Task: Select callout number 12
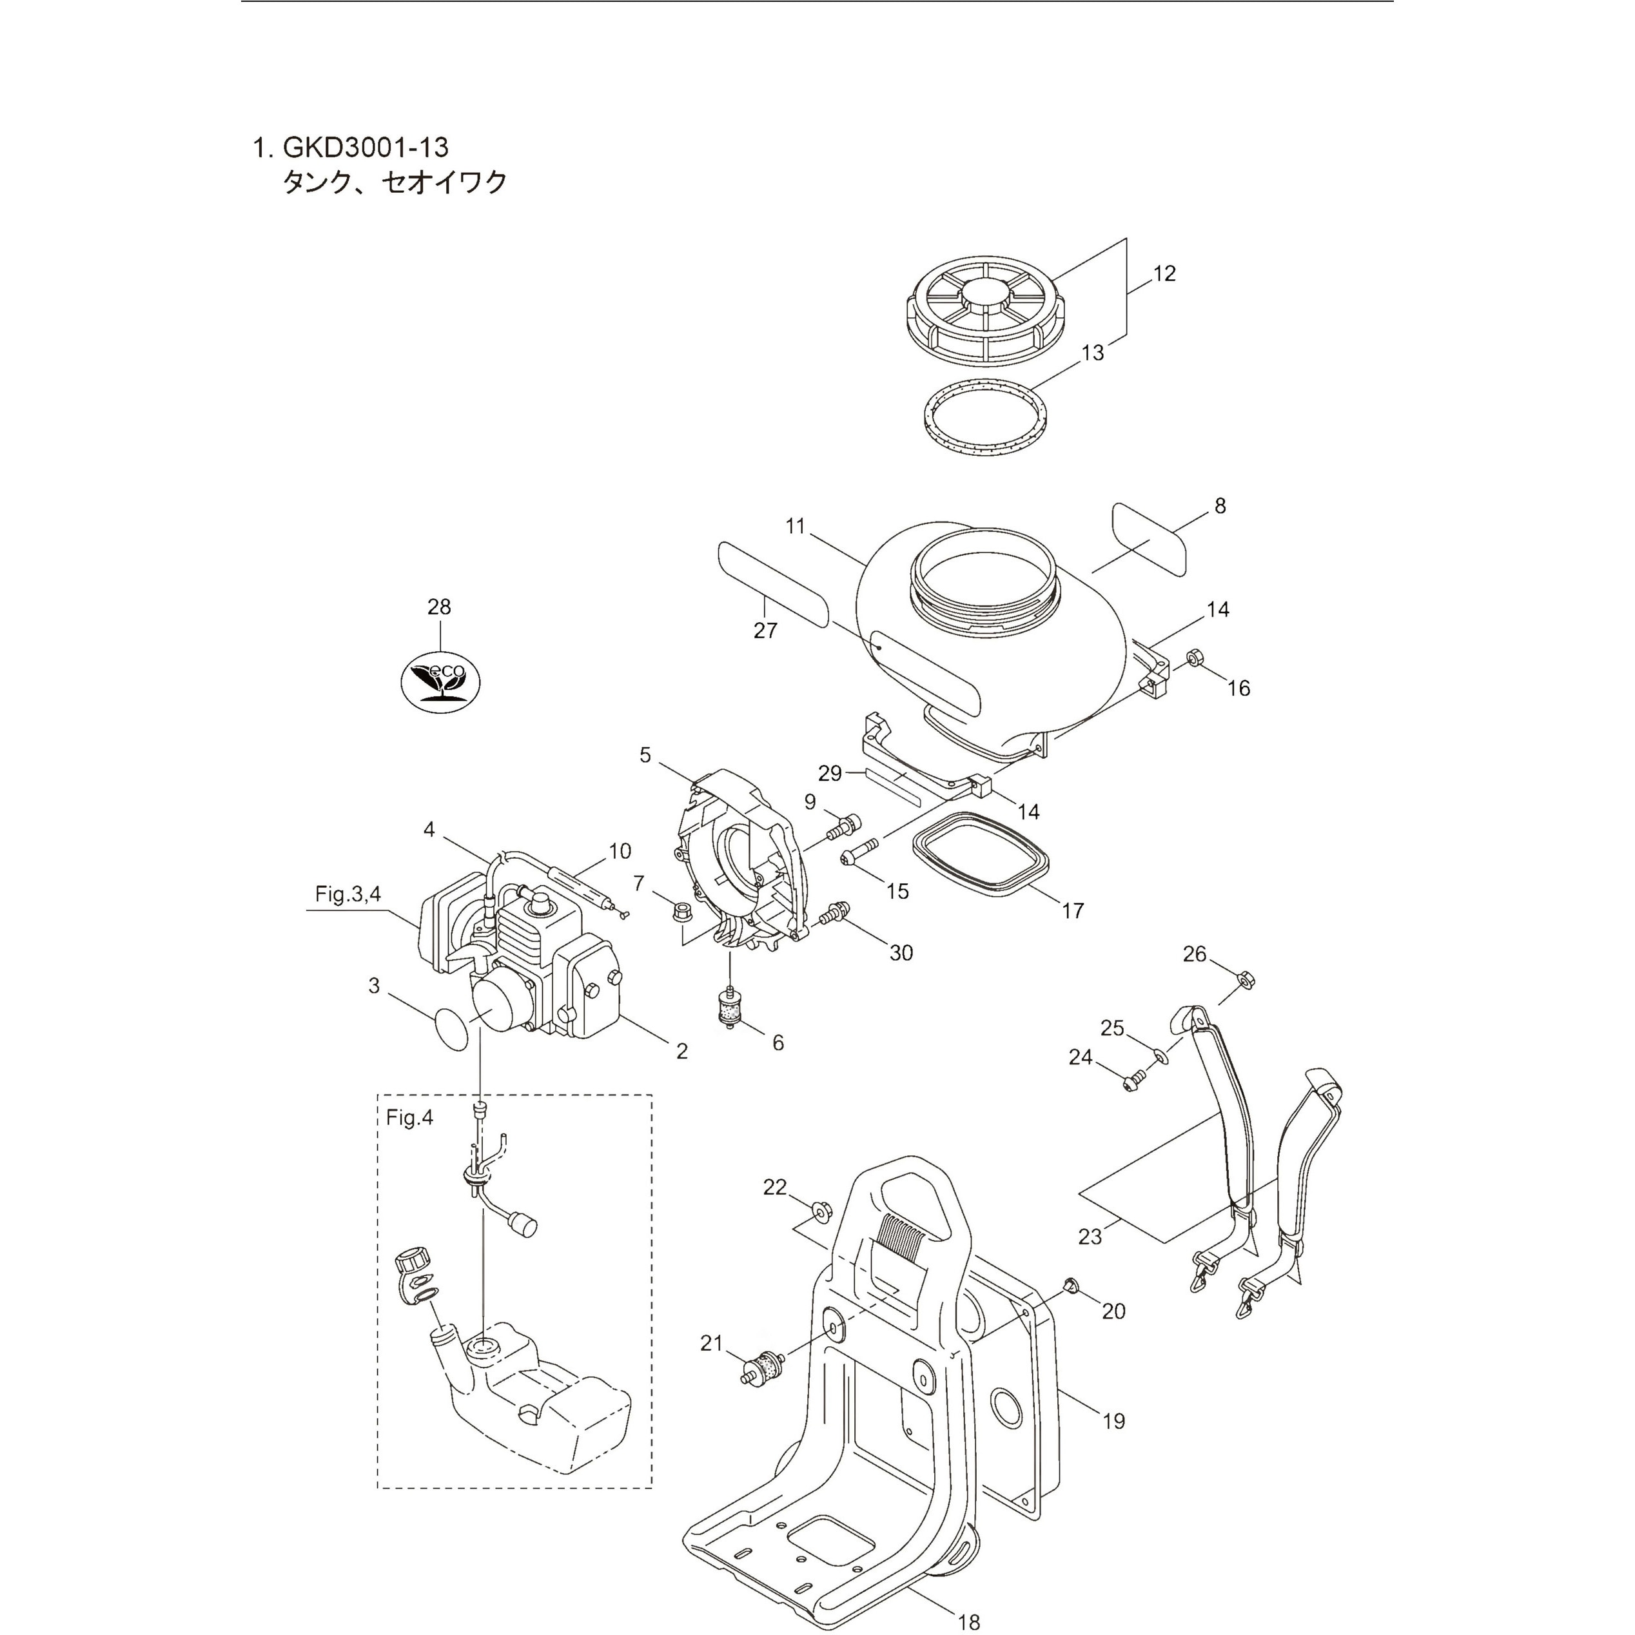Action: tap(1164, 273)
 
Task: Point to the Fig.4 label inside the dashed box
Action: tap(409, 1117)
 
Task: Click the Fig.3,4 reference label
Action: tap(348, 894)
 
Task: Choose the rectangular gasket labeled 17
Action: tap(983, 856)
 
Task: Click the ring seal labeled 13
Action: tap(983, 420)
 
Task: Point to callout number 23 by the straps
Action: tap(1090, 1237)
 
